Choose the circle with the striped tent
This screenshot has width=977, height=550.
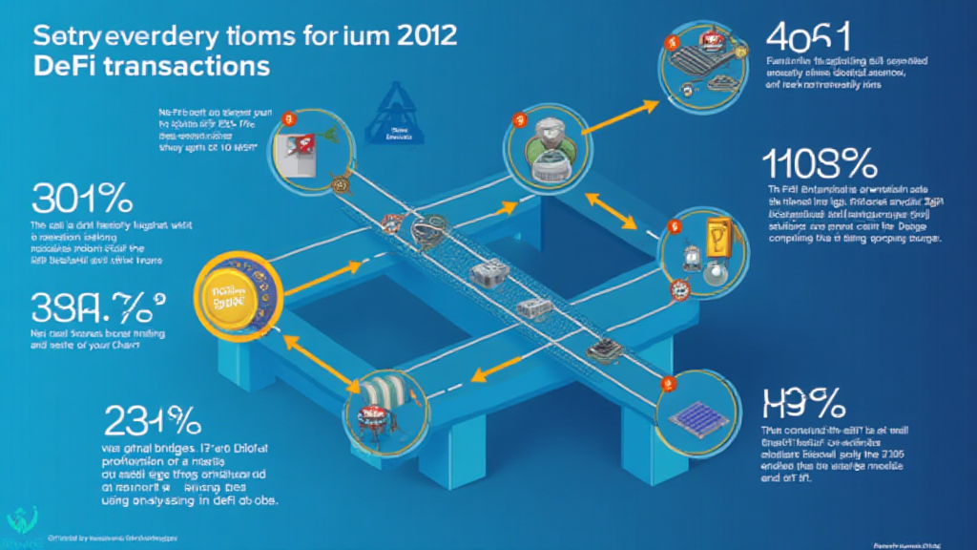click(382, 413)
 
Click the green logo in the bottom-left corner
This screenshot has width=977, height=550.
click(20, 520)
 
